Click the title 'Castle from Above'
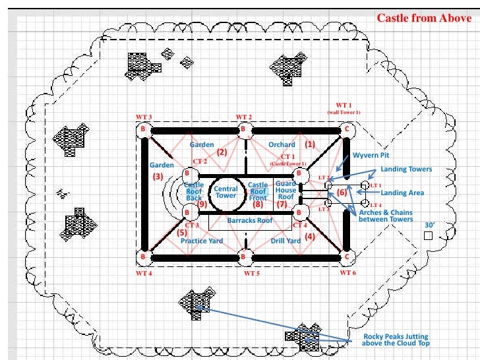click(x=423, y=18)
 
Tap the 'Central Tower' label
click(x=225, y=192)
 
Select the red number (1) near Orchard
click(x=310, y=143)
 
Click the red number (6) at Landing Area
click(x=342, y=193)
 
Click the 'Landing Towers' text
click(x=406, y=169)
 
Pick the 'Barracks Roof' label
click(x=250, y=220)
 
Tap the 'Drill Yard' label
click(x=286, y=241)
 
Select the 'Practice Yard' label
click(x=202, y=241)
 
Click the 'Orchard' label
click(x=282, y=144)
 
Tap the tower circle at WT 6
click(x=347, y=256)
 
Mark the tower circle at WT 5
click(x=245, y=256)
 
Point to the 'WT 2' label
click(x=244, y=117)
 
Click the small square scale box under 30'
click(x=428, y=235)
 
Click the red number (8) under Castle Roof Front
click(x=258, y=204)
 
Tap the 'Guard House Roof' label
click(x=286, y=190)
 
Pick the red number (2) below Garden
click(x=222, y=152)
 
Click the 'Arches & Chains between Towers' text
click(x=387, y=216)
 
